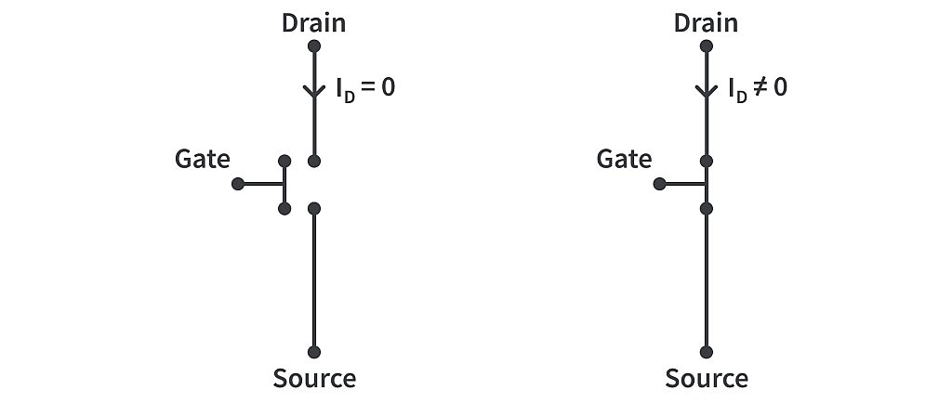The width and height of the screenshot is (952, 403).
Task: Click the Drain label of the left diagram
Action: tap(313, 22)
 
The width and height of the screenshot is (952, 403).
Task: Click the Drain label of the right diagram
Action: tap(706, 22)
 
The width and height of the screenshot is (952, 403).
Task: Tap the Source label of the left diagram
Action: tap(313, 378)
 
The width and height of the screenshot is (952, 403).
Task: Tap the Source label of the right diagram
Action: tap(706, 378)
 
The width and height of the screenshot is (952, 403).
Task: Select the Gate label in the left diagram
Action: tap(202, 159)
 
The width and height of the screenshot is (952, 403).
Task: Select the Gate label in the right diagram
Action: tap(624, 159)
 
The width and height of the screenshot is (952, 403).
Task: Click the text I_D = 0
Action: tap(365, 90)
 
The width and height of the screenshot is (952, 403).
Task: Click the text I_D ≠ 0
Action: tap(757, 90)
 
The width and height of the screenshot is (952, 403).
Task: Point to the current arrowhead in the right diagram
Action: tap(707, 92)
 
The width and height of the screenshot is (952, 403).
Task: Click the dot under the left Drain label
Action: tap(314, 45)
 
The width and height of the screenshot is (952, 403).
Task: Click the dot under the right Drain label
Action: tap(707, 45)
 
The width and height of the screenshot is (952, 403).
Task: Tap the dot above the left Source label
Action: tap(314, 352)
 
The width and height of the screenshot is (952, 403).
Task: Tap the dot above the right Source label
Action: tap(707, 352)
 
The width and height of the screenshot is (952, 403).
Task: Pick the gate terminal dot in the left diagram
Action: tap(238, 184)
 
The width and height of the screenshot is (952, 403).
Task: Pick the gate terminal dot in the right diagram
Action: tap(659, 184)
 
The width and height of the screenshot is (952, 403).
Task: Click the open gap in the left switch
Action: tap(314, 185)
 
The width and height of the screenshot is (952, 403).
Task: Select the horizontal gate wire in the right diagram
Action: tap(683, 184)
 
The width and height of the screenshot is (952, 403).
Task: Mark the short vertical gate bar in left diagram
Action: tap(284, 185)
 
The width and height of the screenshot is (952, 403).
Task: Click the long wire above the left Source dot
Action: tap(314, 279)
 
